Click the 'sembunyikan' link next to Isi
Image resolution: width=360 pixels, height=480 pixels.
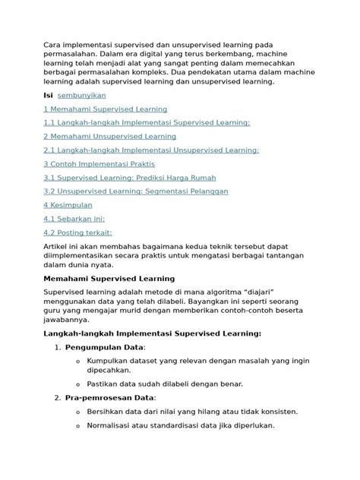pos(82,96)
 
